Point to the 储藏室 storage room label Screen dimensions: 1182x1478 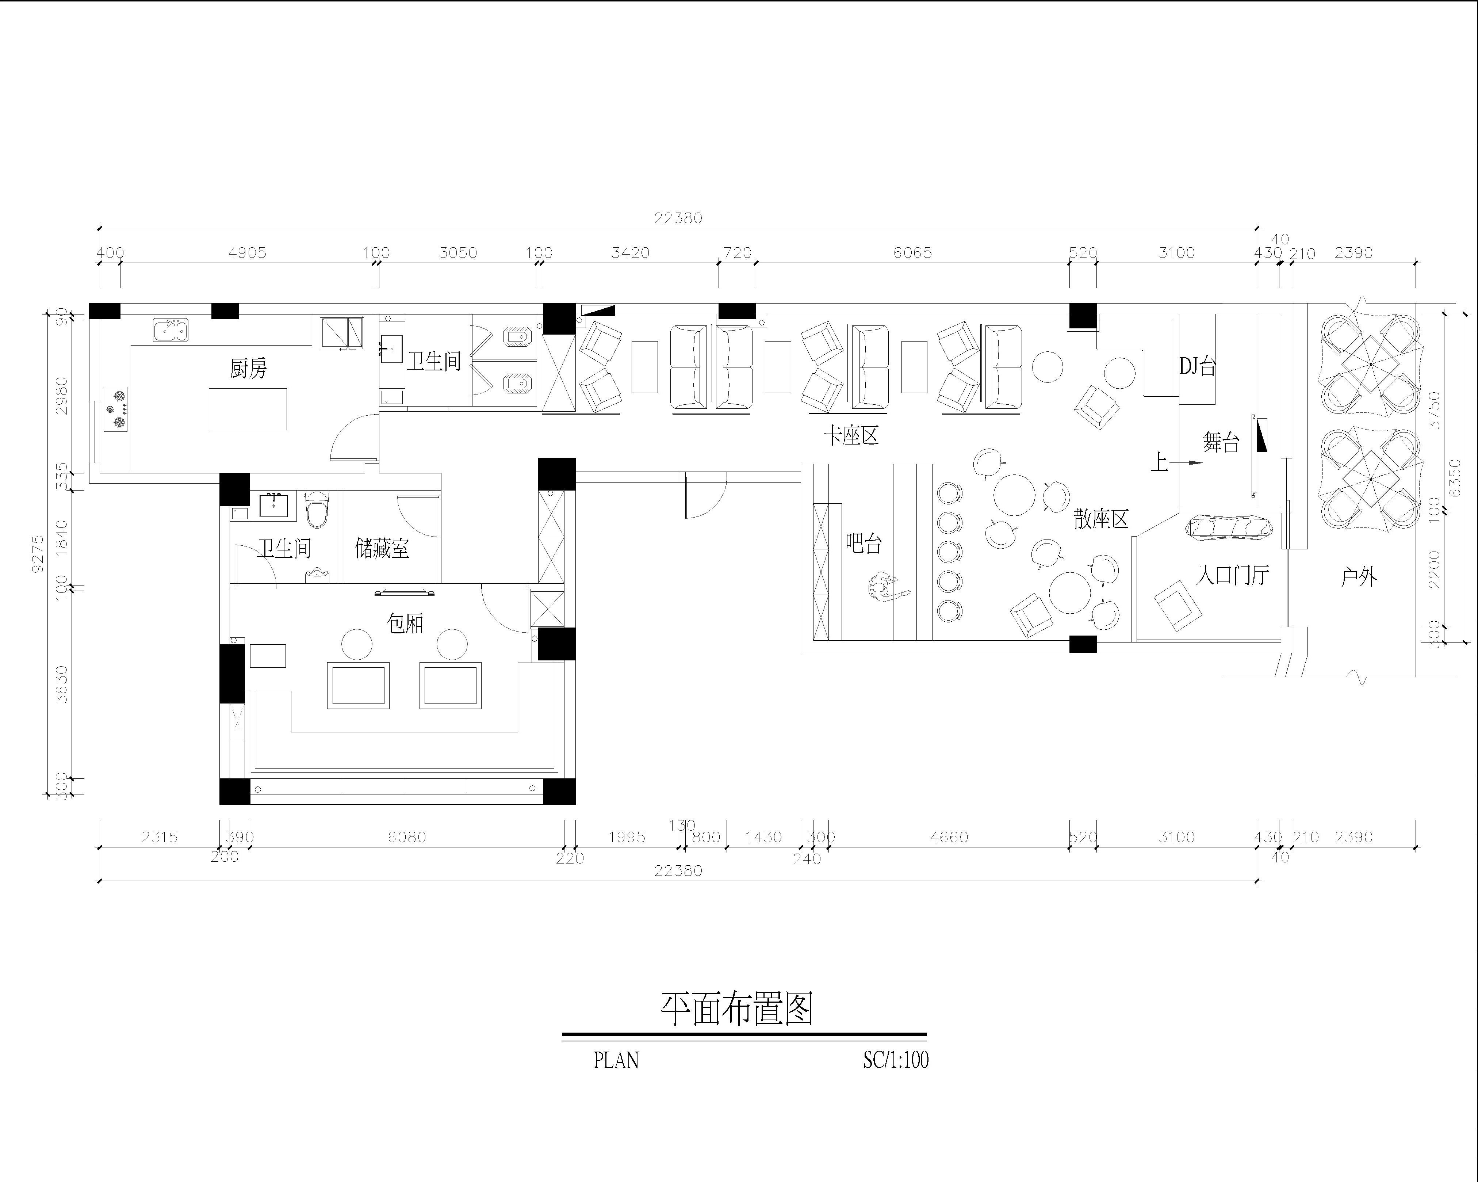[382, 549]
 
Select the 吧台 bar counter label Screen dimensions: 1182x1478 [864, 544]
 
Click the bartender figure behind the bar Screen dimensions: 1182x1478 [884, 588]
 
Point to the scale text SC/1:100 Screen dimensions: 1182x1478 [895, 1060]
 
